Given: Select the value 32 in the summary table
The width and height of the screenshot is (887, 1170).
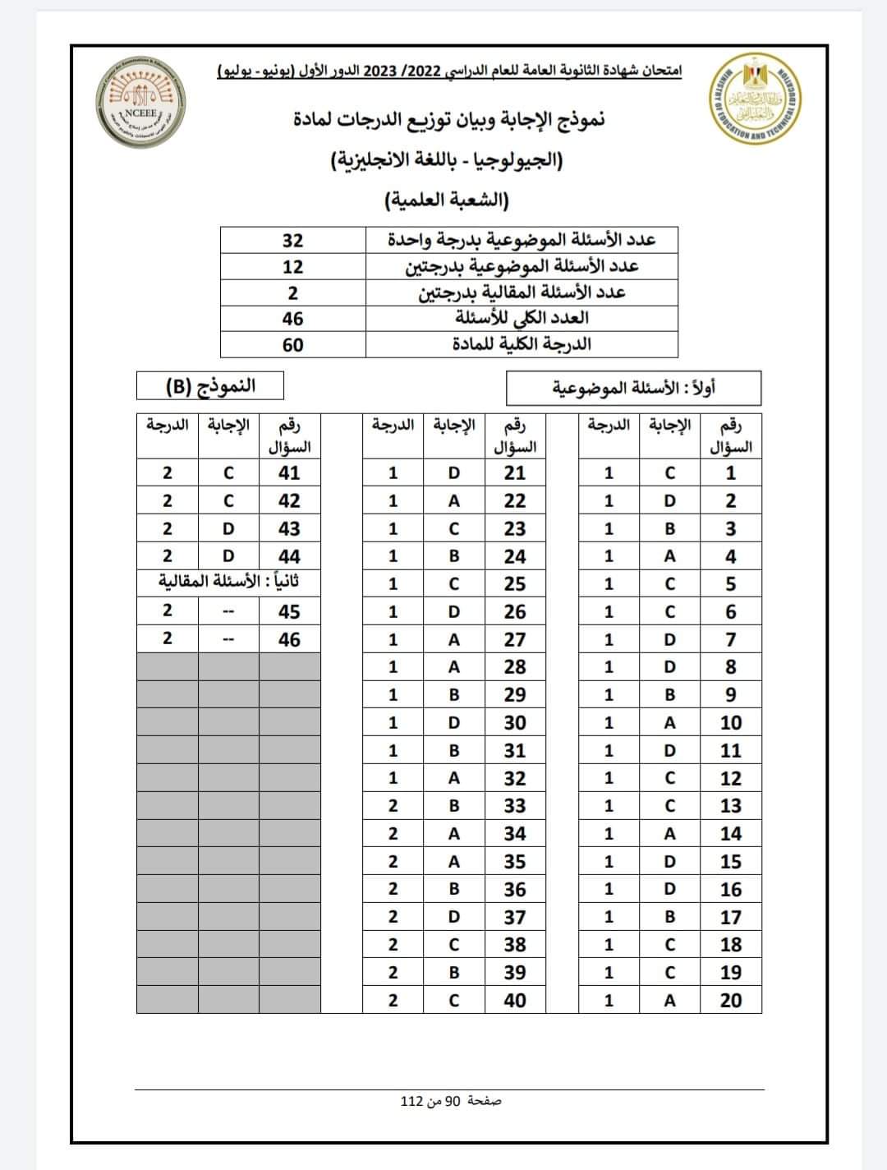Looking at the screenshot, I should pyautogui.click(x=292, y=240).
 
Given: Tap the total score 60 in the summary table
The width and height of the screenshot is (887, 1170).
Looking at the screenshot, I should pyautogui.click(x=292, y=344).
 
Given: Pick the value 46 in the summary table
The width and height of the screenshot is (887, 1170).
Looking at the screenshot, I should pyautogui.click(x=292, y=318).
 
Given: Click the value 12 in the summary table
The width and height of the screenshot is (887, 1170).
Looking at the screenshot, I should pyautogui.click(x=292, y=266).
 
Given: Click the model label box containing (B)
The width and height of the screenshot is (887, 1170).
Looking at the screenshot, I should pyautogui.click(x=209, y=385).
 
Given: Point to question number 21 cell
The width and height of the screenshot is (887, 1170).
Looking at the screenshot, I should pyautogui.click(x=515, y=472).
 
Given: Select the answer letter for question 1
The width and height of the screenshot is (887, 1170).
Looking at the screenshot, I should pyautogui.click(x=669, y=472).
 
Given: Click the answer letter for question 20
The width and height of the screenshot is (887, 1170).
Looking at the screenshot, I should pyautogui.click(x=669, y=1000).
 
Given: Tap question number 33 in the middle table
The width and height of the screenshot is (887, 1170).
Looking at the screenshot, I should pyautogui.click(x=515, y=806).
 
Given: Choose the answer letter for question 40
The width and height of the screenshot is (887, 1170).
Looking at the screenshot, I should pyautogui.click(x=454, y=1000).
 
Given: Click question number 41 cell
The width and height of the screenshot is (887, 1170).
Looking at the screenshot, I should pyautogui.click(x=289, y=472).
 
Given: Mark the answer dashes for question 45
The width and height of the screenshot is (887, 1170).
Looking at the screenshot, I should pyautogui.click(x=228, y=611).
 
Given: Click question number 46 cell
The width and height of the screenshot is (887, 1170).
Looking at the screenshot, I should pyautogui.click(x=289, y=639).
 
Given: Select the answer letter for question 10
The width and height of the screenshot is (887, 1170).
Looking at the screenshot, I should pyautogui.click(x=669, y=722).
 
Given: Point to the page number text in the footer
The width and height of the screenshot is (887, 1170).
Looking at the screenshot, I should pyautogui.click(x=450, y=1100).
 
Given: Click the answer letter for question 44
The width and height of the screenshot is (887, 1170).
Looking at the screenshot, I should pyautogui.click(x=228, y=556).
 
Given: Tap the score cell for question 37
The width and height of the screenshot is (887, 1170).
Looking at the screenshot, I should pyautogui.click(x=393, y=917).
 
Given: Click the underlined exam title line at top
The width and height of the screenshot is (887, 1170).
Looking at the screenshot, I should pyautogui.click(x=449, y=71).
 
